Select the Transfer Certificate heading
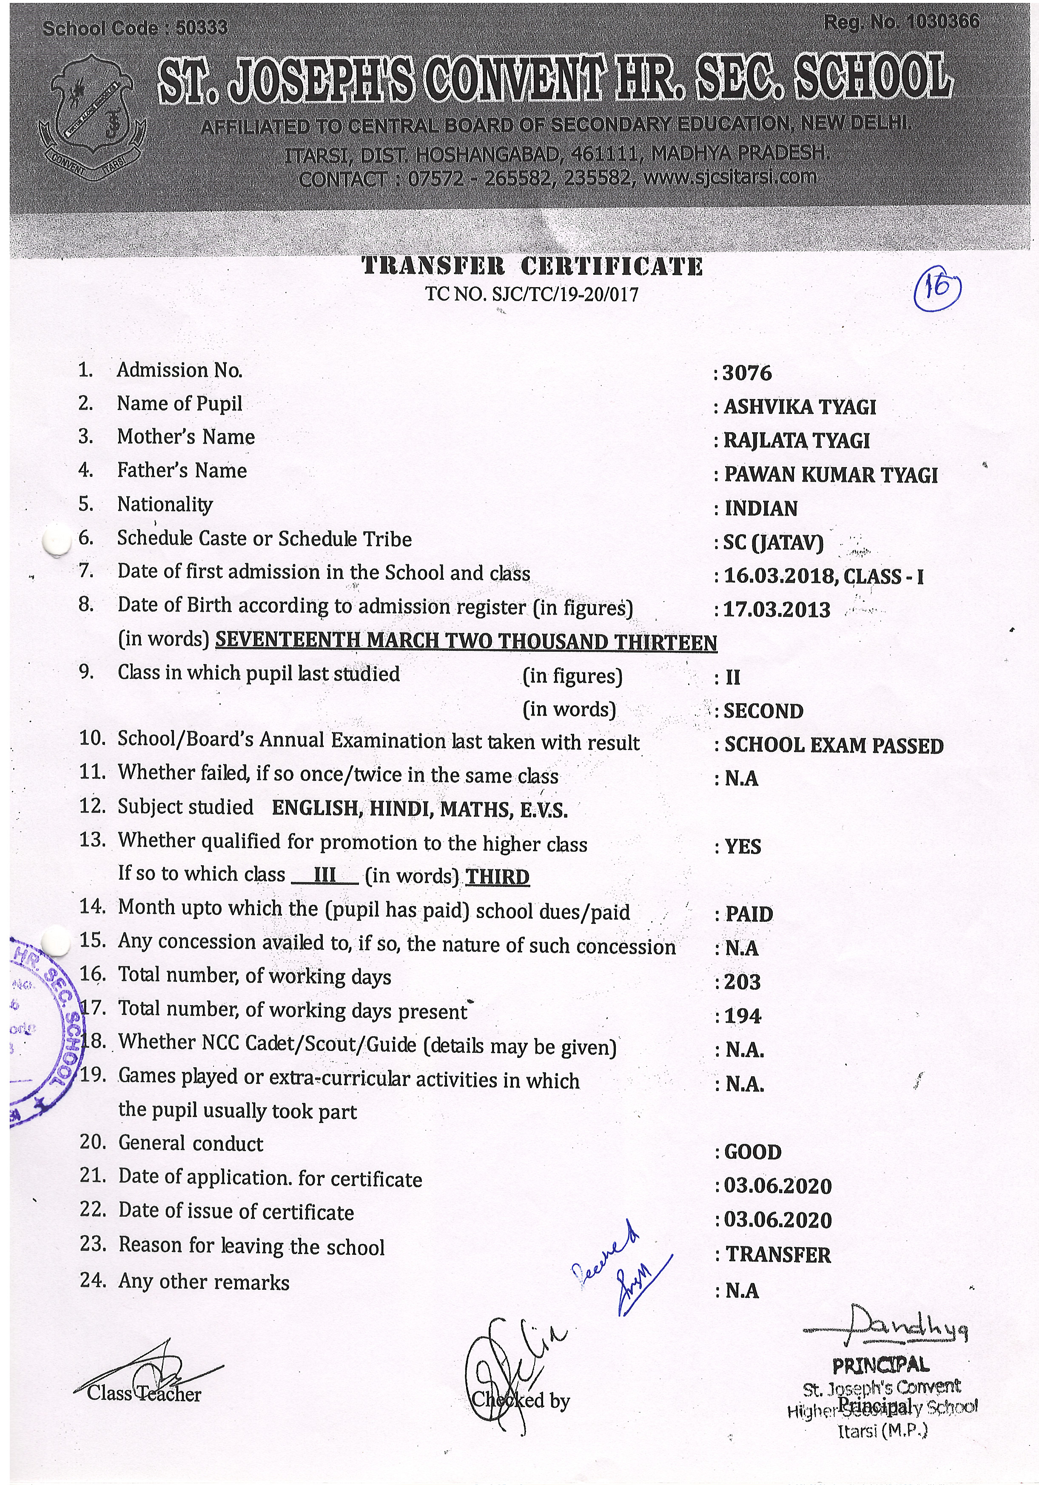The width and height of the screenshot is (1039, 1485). [x=532, y=266]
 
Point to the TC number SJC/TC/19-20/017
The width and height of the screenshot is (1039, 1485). [x=532, y=295]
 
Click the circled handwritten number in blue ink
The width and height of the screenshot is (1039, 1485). [x=937, y=289]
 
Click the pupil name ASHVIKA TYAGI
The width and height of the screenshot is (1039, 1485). [x=800, y=407]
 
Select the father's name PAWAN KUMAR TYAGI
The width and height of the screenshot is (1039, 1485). [x=830, y=475]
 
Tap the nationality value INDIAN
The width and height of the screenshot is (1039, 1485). [x=761, y=508]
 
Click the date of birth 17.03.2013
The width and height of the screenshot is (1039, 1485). [x=777, y=610]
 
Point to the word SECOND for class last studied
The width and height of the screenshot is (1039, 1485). [x=763, y=711]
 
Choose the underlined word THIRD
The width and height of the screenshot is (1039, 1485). [x=498, y=877]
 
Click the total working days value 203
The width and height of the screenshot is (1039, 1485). [x=742, y=982]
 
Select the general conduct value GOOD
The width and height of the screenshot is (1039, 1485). [x=753, y=1152]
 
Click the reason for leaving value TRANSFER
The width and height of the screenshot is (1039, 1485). [x=778, y=1255]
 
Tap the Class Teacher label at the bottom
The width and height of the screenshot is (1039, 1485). [x=144, y=1394]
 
